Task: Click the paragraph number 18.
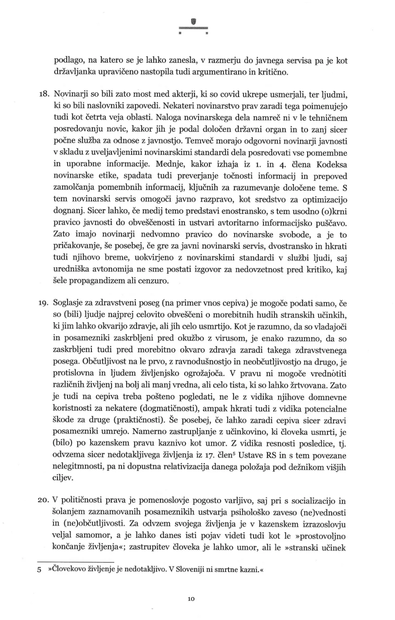click(x=43, y=95)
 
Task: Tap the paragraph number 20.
click(x=43, y=501)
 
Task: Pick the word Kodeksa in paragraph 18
click(x=332, y=165)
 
